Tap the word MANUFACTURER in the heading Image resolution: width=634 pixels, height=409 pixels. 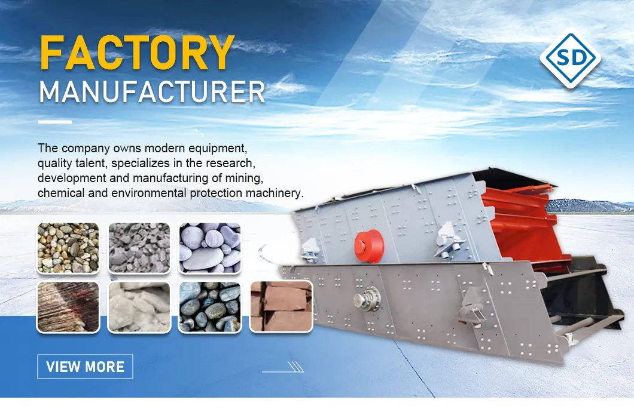(152, 93)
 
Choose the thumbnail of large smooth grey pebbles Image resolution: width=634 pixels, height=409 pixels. (210, 248)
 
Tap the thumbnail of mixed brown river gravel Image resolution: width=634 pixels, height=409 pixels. (68, 248)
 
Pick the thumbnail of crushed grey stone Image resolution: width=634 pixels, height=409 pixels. (139, 248)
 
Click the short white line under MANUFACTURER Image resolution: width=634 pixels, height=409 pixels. (54, 122)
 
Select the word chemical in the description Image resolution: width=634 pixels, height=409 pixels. (59, 193)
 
